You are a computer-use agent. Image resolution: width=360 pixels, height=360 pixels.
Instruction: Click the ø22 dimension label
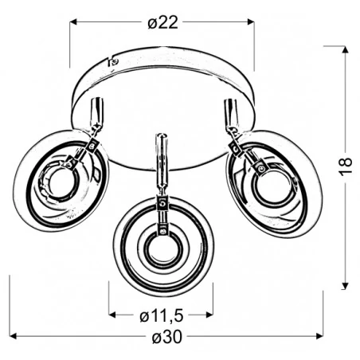click(x=162, y=22)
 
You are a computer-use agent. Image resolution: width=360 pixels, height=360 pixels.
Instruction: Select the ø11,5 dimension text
click(x=162, y=315)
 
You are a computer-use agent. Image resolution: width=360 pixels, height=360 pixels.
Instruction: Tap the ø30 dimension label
click(x=167, y=337)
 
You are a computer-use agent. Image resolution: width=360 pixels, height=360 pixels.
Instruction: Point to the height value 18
click(x=345, y=166)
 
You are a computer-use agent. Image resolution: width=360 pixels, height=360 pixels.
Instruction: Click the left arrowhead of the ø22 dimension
click(x=73, y=22)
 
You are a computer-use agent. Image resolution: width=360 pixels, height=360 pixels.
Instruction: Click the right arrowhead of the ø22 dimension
click(x=251, y=22)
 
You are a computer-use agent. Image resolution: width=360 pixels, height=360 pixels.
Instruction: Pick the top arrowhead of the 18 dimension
click(x=345, y=50)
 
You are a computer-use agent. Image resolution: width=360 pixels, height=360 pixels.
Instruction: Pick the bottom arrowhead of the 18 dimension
click(x=345, y=286)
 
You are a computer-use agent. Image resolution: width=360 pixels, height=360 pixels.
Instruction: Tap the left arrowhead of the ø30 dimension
click(x=14, y=336)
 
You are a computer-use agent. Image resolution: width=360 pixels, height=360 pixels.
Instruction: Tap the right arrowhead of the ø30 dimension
click(x=319, y=336)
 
